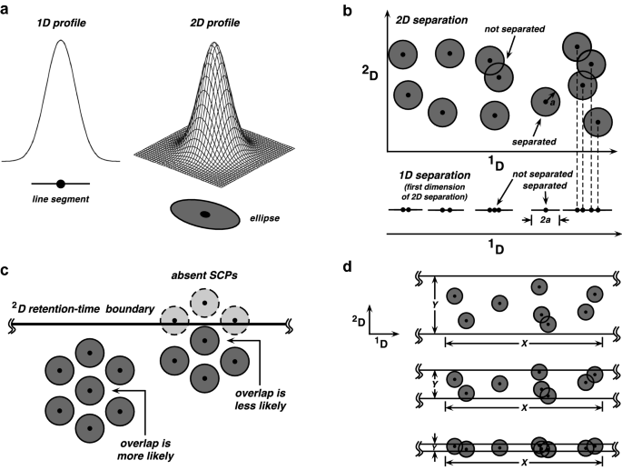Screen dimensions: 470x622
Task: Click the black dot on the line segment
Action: point(60,184)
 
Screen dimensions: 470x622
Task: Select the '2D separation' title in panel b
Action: point(439,20)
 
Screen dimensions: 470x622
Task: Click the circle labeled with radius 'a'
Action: point(546,100)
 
